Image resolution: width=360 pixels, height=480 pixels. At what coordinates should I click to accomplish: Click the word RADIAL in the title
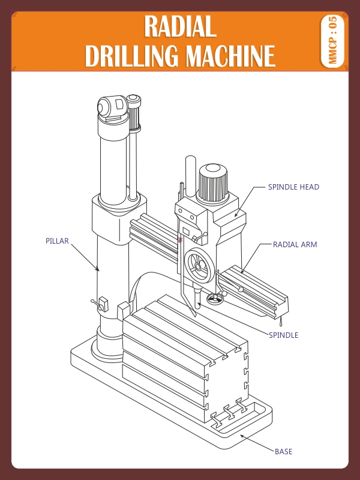tap(180, 27)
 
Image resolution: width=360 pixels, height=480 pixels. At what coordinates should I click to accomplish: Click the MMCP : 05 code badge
tap(333, 41)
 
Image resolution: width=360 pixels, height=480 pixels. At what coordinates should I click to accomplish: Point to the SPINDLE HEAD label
tap(293, 187)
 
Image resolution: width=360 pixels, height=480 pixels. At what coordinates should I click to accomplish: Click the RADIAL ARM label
tap(295, 245)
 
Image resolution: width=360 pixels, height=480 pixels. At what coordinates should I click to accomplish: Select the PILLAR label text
tap(57, 241)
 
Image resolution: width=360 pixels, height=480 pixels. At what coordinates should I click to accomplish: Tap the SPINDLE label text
tap(283, 335)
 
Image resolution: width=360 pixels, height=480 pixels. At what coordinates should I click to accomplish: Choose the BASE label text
tap(283, 451)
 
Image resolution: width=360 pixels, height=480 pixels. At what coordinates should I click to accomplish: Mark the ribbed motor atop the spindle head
tap(213, 183)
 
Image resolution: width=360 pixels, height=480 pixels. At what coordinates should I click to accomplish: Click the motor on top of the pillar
tap(111, 108)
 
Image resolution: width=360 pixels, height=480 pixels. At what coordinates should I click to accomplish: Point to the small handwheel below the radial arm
tap(215, 298)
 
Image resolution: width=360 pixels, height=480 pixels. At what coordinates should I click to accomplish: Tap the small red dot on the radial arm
tap(179, 240)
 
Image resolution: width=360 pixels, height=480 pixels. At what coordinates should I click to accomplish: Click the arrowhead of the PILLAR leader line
tap(98, 271)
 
